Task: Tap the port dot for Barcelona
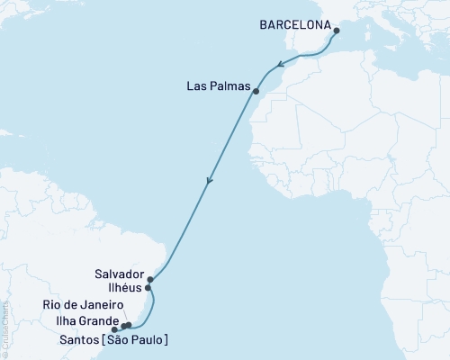pyautogui.click(x=337, y=31)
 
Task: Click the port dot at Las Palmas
pyautogui.click(x=256, y=92)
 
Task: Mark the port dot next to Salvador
pyautogui.click(x=150, y=280)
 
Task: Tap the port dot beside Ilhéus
pyautogui.click(x=148, y=289)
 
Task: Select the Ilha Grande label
pyautogui.click(x=84, y=320)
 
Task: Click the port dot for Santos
pyautogui.click(x=113, y=330)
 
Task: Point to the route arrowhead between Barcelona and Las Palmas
pyautogui.click(x=280, y=64)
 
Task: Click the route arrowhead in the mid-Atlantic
pyautogui.click(x=210, y=181)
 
